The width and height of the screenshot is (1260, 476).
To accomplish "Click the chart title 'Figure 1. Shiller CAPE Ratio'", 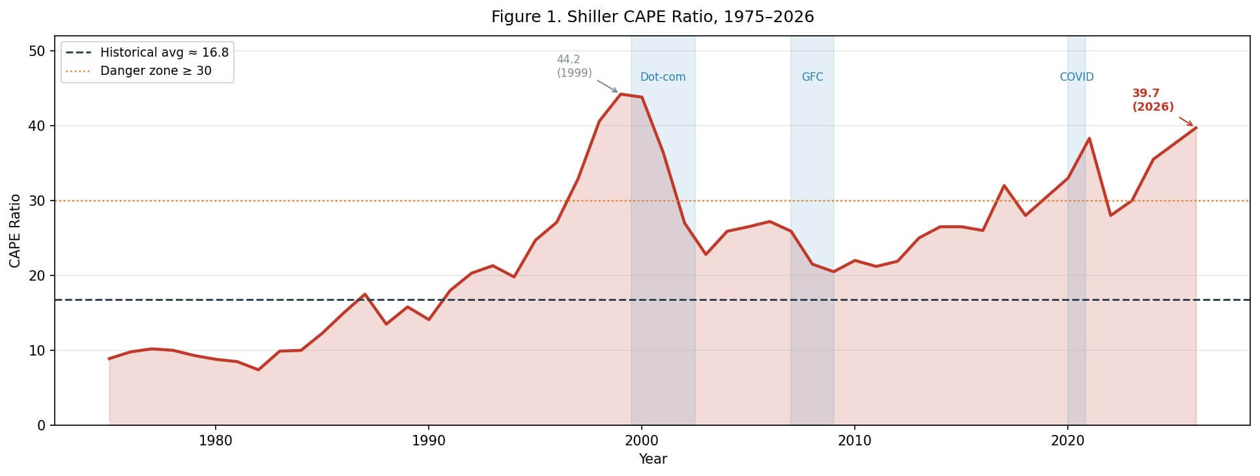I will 652,17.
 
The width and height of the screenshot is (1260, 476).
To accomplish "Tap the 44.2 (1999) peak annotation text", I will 574,66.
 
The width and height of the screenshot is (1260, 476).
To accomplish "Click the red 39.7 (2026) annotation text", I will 1153,100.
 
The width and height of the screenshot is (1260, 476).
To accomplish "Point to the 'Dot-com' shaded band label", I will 663,77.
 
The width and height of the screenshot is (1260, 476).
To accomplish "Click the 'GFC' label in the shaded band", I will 812,77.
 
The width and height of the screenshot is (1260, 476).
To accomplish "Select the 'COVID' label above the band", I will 1076,77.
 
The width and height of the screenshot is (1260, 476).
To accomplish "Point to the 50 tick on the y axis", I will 37,51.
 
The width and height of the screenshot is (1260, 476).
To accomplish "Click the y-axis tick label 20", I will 37,275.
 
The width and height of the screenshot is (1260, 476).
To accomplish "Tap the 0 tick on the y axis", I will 42,425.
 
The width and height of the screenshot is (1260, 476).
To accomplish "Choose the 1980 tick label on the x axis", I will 216,441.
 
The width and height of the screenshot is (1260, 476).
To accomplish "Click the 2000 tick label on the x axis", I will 642,441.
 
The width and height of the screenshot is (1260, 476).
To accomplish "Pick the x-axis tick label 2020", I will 1068,441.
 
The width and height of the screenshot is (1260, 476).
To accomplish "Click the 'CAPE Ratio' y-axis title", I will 15,231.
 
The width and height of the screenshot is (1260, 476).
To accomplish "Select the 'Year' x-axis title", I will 652,459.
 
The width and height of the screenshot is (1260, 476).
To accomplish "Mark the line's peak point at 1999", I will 620,94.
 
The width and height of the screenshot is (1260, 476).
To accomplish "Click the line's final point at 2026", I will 1196,128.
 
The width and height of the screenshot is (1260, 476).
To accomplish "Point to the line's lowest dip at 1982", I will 259,370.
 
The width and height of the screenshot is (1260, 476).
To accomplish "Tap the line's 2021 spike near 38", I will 1089,138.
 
